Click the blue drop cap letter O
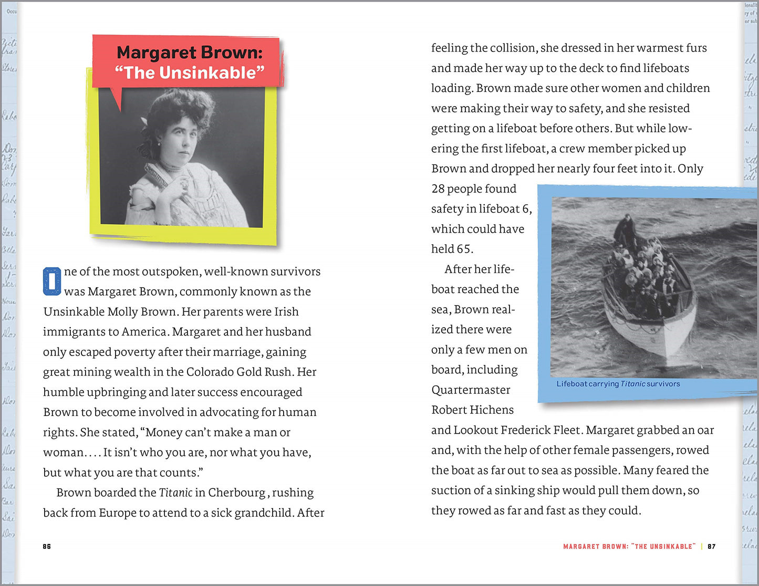pos(52,281)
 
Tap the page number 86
pos(47,547)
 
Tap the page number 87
pos(712,547)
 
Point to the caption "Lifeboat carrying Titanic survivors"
pos(618,384)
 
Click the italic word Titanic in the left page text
pos(175,493)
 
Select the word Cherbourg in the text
pos(237,493)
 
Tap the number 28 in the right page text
pos(438,189)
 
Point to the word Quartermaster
pos(471,390)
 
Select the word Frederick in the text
pos(527,430)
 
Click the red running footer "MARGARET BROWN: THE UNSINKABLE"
pos(629,547)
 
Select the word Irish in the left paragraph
pos(286,311)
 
